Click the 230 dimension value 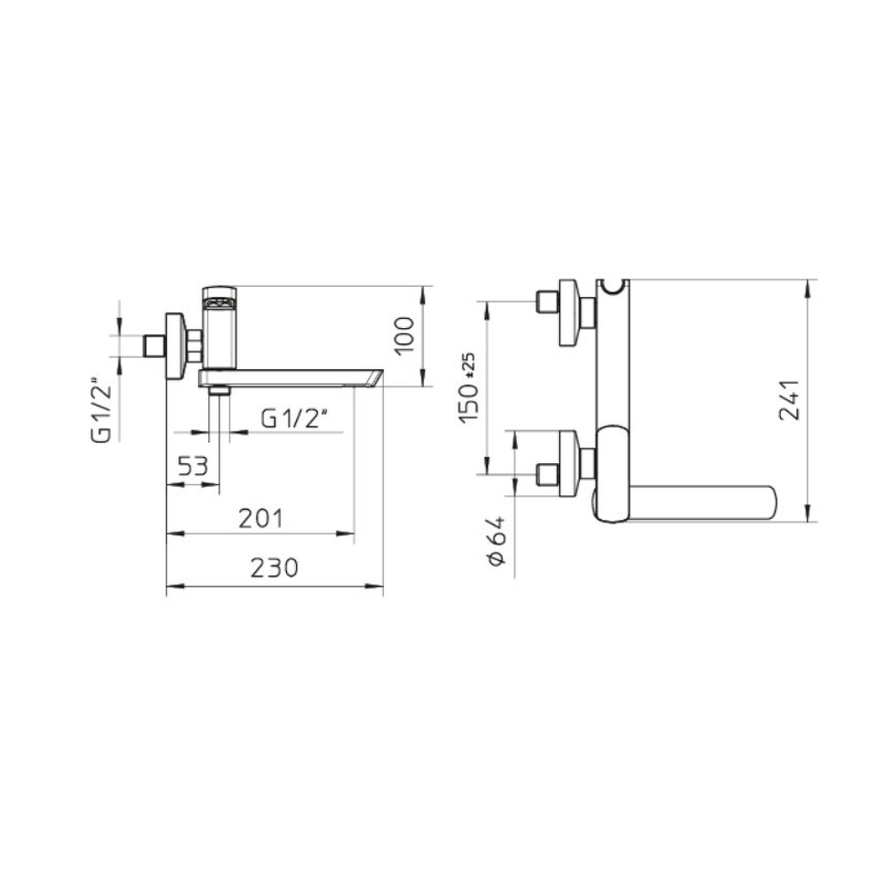click(x=275, y=568)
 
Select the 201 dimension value click(x=261, y=519)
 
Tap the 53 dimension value click(x=193, y=465)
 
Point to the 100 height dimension click(x=405, y=335)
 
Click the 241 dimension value click(x=789, y=400)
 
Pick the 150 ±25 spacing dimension click(x=468, y=387)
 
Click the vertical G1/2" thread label click(x=101, y=413)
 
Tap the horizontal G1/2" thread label click(x=294, y=418)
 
